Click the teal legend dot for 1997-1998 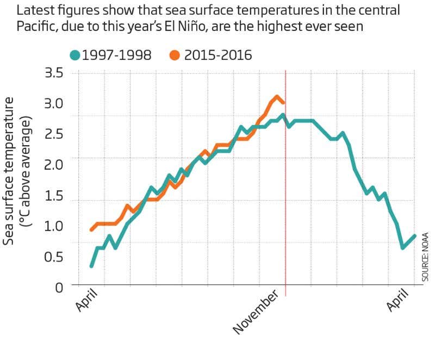pyautogui.click(x=75, y=55)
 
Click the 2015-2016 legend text pyautogui.click(x=217, y=55)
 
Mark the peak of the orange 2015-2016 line pyautogui.click(x=277, y=97)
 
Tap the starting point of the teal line pyautogui.click(x=91, y=266)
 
